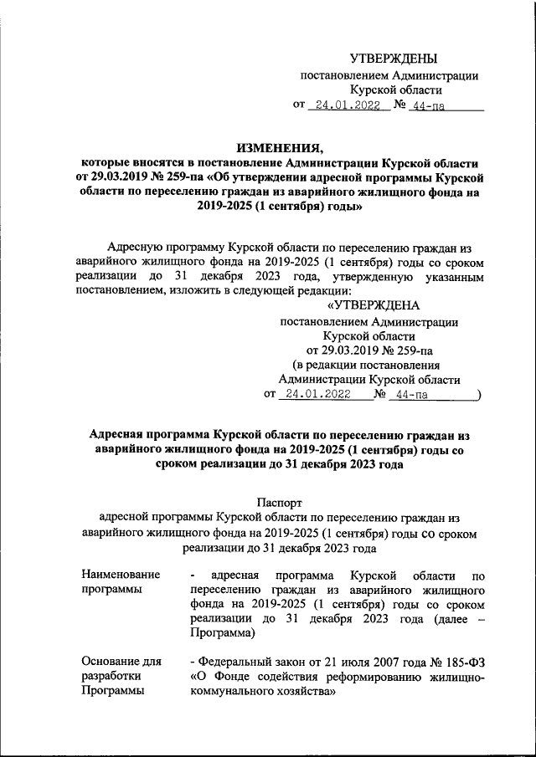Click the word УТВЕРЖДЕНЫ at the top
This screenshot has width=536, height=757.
393,58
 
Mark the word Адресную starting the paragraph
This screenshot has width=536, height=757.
138,246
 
